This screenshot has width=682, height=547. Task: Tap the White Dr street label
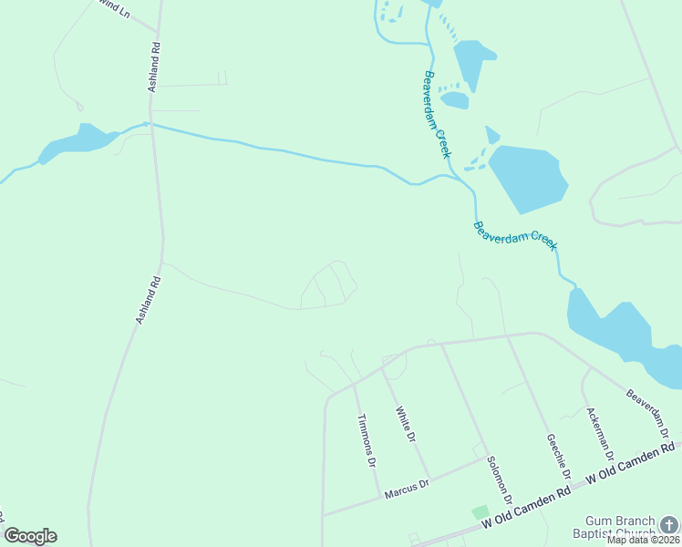(x=406, y=425)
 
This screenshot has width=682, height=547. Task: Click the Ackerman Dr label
(x=601, y=433)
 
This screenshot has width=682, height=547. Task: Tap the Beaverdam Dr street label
(x=648, y=412)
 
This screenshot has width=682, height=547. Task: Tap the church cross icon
(x=670, y=524)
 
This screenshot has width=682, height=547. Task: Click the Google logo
(x=30, y=536)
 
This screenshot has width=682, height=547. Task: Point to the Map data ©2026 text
(x=644, y=540)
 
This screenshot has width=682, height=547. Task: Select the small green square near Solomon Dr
(x=480, y=513)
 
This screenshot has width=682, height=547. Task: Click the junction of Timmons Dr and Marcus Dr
(x=379, y=498)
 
